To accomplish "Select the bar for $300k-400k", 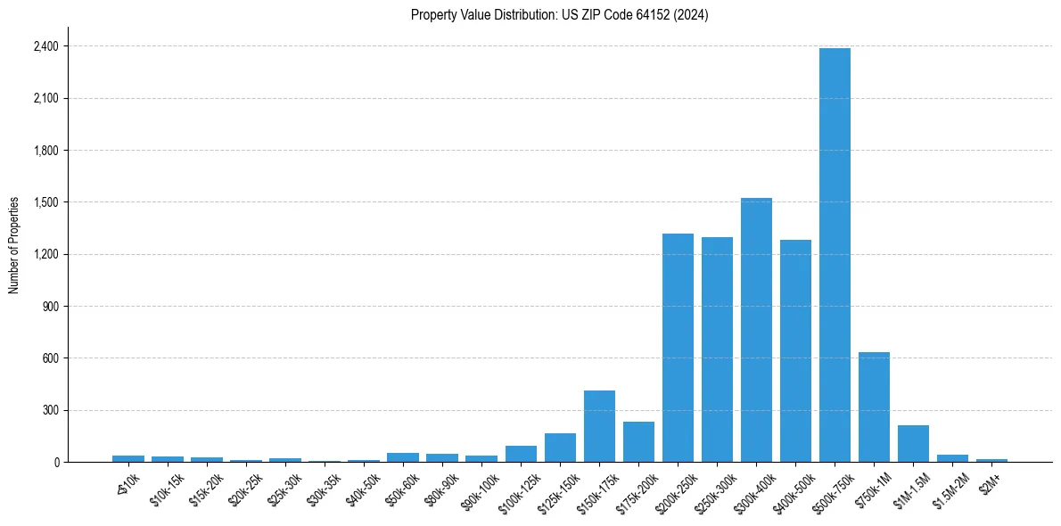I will click(756, 330).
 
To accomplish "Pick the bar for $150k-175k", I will click(599, 426).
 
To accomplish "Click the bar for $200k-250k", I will click(678, 348).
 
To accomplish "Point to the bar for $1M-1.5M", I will click(913, 444).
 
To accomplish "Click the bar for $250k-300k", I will click(717, 349).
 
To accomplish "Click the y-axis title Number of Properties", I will click(14, 245).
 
